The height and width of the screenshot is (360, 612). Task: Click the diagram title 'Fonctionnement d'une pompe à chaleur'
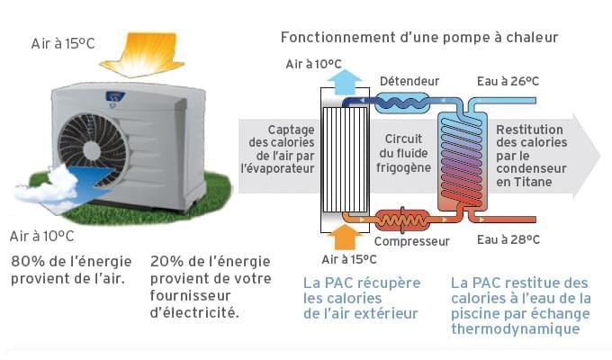click(x=419, y=38)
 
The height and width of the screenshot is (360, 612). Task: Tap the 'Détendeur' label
click(x=409, y=81)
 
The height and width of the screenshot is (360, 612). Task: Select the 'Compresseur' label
click(x=412, y=241)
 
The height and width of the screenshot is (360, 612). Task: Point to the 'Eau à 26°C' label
click(x=508, y=81)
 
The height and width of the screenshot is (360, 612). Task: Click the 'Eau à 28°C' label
click(x=508, y=239)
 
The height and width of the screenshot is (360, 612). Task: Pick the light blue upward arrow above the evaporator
click(x=345, y=82)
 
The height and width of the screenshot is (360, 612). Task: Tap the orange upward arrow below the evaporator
click(x=345, y=237)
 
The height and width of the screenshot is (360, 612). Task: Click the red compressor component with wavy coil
click(x=402, y=220)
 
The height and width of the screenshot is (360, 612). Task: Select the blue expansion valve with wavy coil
click(x=402, y=103)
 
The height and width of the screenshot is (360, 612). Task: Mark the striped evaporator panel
click(x=345, y=159)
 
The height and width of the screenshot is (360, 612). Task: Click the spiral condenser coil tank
click(x=463, y=161)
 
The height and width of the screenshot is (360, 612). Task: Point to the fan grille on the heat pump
click(x=93, y=149)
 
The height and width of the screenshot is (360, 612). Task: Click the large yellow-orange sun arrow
click(x=142, y=55)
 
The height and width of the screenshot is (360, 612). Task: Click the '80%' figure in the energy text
click(x=28, y=261)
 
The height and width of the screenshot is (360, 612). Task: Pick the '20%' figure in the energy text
click(x=167, y=261)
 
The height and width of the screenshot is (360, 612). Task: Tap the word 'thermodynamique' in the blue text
click(x=515, y=328)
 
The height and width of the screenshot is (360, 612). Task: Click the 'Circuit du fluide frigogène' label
click(x=403, y=153)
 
